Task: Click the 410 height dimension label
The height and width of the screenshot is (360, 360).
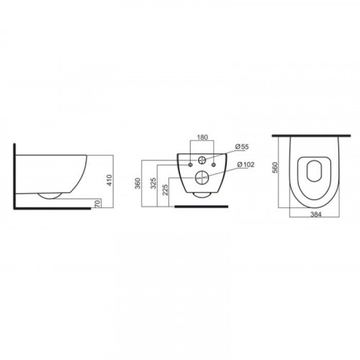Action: point(109,180)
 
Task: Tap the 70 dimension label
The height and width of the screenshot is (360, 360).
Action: point(97,204)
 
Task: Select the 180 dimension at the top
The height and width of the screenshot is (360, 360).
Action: point(202,138)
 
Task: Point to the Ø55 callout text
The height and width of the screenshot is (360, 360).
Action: point(242,147)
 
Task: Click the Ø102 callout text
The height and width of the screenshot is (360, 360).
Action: point(246,165)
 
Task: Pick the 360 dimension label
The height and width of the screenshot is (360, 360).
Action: point(138,183)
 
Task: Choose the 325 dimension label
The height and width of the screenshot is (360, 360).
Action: point(153,183)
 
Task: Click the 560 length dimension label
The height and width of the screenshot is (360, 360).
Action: point(275,167)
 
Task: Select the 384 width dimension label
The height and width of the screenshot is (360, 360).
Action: point(315,215)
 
